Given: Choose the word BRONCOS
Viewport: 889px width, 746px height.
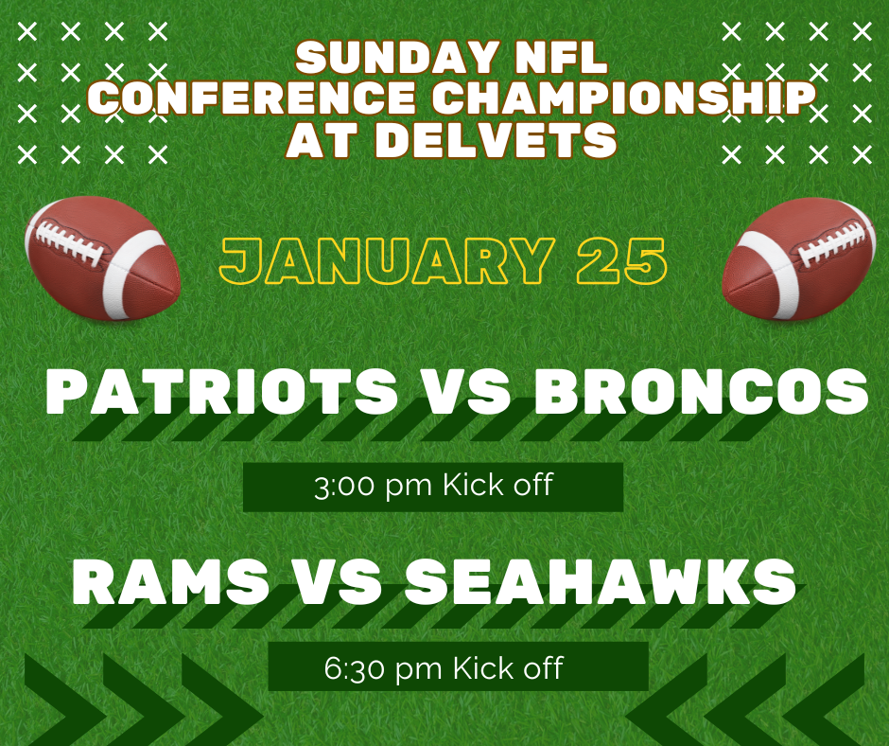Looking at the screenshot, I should coord(701,392).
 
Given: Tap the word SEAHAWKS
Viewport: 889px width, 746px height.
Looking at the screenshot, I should coord(601,581).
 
